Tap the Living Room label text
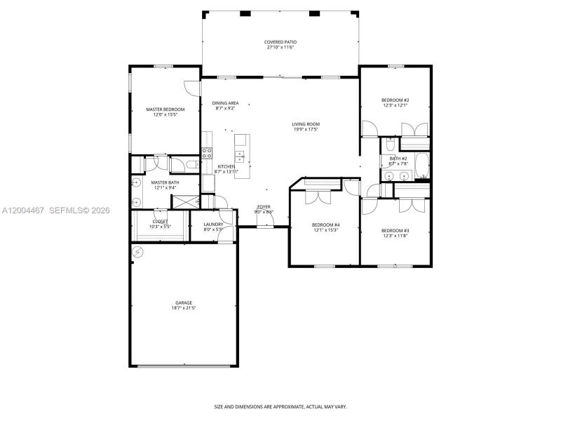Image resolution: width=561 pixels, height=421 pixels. click(306, 124)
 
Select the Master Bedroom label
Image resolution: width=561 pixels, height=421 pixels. click(165, 109)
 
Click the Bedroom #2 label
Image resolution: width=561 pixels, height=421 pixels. click(395, 100)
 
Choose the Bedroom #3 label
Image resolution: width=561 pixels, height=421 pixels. click(395, 230)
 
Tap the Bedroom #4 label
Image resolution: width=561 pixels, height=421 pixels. click(325, 225)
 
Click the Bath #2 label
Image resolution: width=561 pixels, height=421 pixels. click(398, 159)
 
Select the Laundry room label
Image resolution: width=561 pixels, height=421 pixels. click(213, 224)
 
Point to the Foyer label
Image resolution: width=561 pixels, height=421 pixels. click(264, 207)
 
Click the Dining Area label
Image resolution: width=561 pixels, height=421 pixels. click(225, 103)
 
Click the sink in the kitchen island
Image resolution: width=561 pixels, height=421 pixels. click(240, 155)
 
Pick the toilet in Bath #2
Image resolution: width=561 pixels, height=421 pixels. click(390, 145)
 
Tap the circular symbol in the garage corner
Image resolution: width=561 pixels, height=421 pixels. click(138, 252)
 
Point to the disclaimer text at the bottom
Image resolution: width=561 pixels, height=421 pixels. click(280, 406)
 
